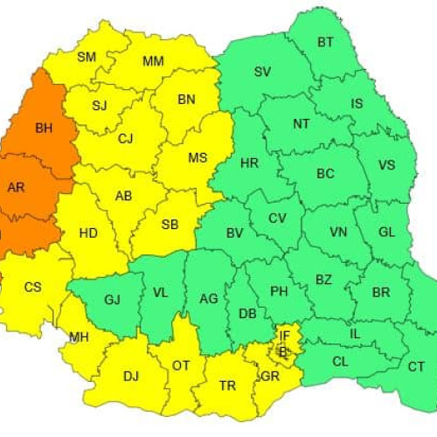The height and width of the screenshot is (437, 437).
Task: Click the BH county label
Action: pyautogui.click(x=44, y=128)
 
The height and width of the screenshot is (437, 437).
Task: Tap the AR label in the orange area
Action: pyautogui.click(x=16, y=187)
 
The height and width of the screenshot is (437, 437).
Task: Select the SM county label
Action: pyautogui.click(x=87, y=58)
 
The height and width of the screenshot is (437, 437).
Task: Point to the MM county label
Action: pyautogui.click(x=153, y=60)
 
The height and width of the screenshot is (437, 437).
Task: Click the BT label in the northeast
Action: pyautogui.click(x=326, y=41)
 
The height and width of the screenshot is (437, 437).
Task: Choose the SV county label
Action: pyautogui.click(x=262, y=72)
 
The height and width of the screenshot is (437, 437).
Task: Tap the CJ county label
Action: pyautogui.click(x=126, y=137)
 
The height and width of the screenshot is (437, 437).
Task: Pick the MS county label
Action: pyautogui.click(x=198, y=158)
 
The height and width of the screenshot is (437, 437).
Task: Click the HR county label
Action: pyautogui.click(x=249, y=163)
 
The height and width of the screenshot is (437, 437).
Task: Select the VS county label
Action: pyautogui.click(x=387, y=164)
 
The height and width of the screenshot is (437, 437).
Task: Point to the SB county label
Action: pyautogui.click(x=170, y=225)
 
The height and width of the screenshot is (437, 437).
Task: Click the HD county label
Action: pyautogui.click(x=88, y=233)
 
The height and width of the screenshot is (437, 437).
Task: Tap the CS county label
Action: pyautogui.click(x=32, y=286)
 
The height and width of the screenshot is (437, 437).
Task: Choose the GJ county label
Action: pyautogui.click(x=112, y=300)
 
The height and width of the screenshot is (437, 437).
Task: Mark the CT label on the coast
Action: pyautogui.click(x=416, y=365)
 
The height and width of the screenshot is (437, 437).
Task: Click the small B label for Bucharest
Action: pyautogui.click(x=282, y=351)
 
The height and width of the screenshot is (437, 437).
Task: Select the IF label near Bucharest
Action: pyautogui.click(x=284, y=335)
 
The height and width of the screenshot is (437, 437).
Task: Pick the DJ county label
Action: pyautogui.click(x=131, y=376)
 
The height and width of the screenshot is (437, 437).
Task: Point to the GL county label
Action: pyautogui.click(x=388, y=232)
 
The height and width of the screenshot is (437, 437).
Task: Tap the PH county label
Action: pyautogui.click(x=279, y=291)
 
